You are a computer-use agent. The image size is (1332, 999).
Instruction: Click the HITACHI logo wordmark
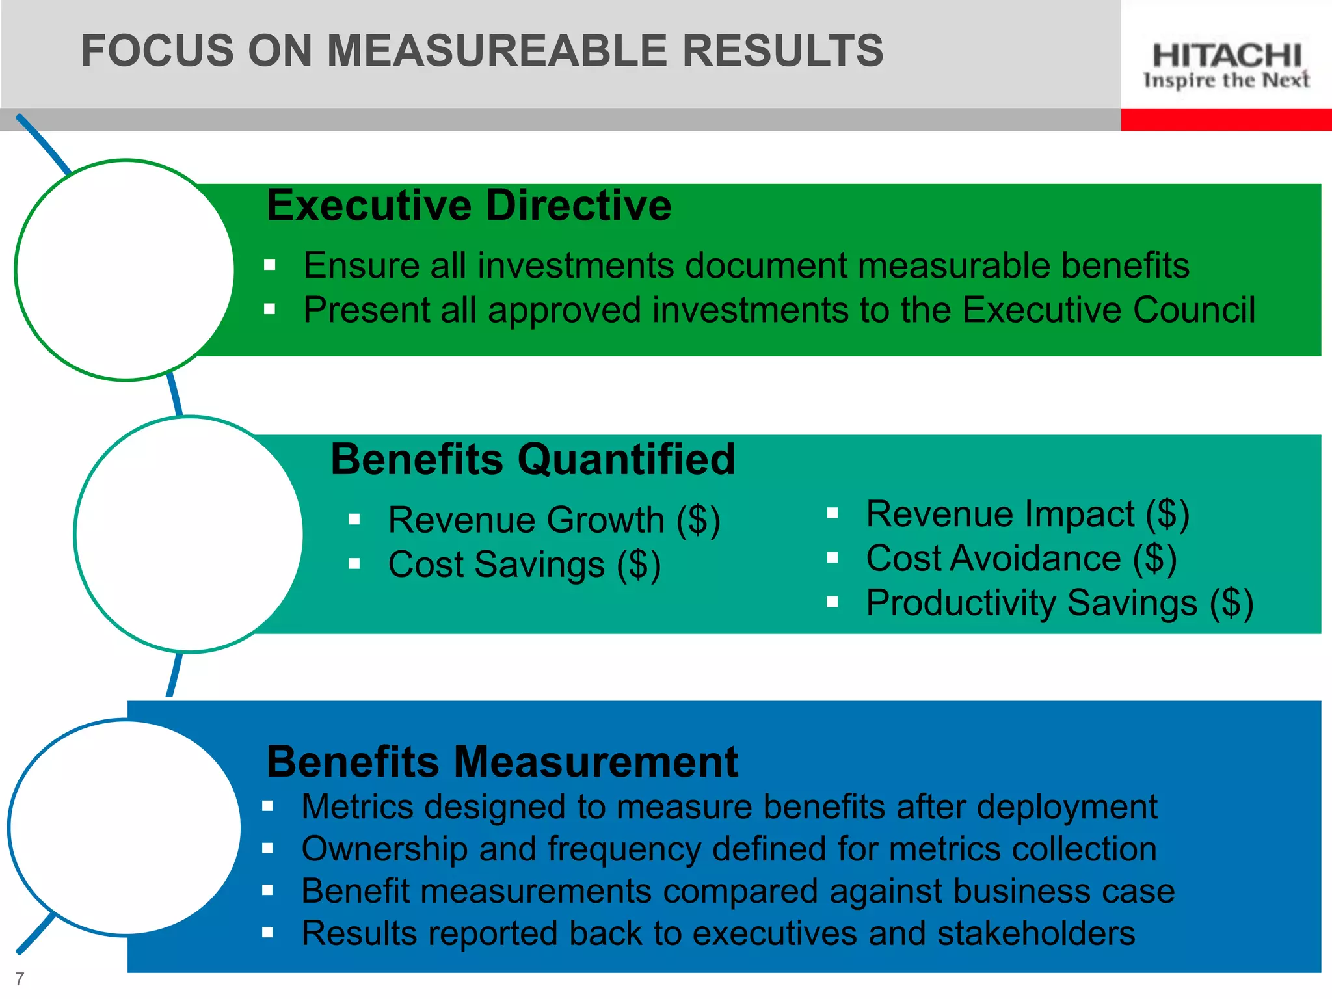click(x=1226, y=55)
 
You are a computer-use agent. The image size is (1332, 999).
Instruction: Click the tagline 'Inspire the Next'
click(x=1226, y=81)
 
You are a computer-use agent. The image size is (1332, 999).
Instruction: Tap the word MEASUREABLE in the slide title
click(x=497, y=51)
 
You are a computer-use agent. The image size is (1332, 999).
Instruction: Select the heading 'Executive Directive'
click(x=469, y=206)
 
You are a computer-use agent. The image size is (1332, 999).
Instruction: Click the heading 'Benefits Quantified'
click(x=533, y=459)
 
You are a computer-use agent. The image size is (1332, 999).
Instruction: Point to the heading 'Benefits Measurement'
click(x=502, y=762)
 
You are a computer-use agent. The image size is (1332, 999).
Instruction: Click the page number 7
click(x=20, y=978)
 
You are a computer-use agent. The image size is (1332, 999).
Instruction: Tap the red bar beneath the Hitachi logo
click(x=1226, y=120)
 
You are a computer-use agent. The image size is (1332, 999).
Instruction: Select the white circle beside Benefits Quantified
click(x=189, y=534)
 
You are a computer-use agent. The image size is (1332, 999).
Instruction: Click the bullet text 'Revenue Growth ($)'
click(x=554, y=520)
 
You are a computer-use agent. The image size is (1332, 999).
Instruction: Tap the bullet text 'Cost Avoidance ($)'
click(x=1021, y=559)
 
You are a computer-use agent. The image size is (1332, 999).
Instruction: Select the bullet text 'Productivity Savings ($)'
click(x=1059, y=603)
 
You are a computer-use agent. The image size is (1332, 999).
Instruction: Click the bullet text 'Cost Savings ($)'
click(x=524, y=565)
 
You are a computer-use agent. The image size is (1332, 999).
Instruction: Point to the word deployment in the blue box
click(x=1067, y=807)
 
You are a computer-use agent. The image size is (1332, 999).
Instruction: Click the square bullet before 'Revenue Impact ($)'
click(x=832, y=513)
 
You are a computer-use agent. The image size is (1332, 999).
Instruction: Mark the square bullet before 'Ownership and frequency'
click(x=267, y=848)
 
